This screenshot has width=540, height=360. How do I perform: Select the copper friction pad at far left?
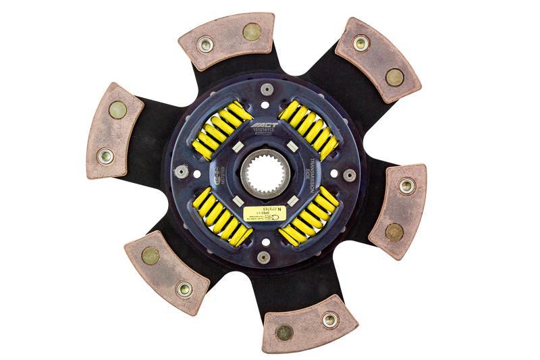click(x=114, y=131)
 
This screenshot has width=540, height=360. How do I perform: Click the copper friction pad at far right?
click(x=399, y=210)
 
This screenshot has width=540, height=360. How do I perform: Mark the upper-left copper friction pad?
click(x=227, y=40)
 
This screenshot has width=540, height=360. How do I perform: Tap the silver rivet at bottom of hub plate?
click(x=264, y=257)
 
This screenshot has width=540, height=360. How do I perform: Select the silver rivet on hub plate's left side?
click(x=180, y=172)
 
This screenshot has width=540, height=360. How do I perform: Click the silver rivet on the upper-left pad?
click(x=206, y=46)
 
